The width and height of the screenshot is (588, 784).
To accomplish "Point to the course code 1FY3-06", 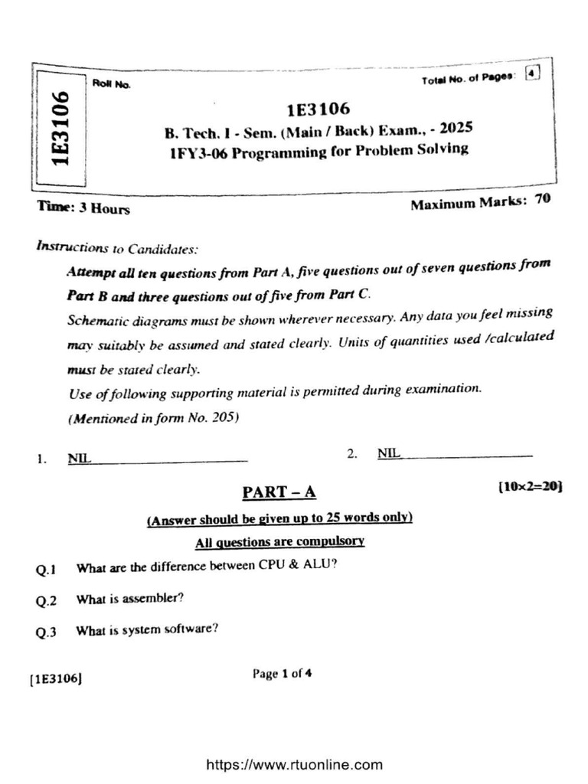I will click(x=198, y=152).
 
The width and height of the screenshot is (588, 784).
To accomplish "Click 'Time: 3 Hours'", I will click(x=83, y=208).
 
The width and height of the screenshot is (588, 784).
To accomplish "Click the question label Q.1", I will click(x=46, y=570).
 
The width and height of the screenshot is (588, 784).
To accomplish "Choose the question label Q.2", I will click(x=46, y=601).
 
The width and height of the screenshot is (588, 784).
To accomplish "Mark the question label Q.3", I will click(x=46, y=632).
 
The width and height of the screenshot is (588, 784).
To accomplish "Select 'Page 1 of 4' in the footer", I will click(x=282, y=674).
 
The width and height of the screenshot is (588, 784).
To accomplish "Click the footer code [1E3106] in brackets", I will click(x=56, y=678).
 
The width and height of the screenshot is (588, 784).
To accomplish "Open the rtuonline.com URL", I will click(x=294, y=764).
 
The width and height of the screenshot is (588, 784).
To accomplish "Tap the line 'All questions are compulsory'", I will click(x=279, y=542).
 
